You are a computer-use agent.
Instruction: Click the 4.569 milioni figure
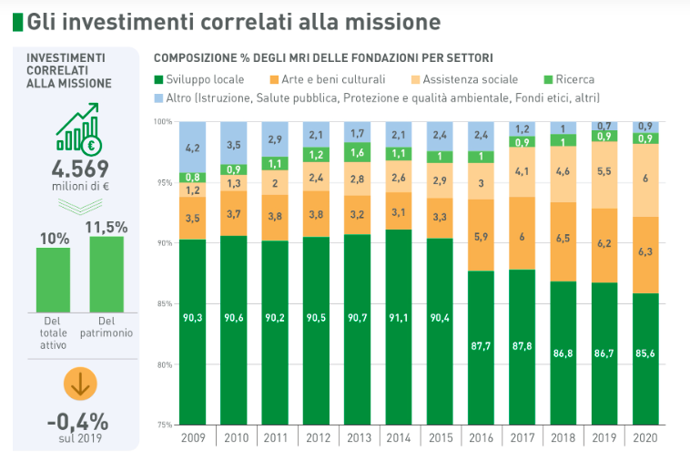pos(79,169)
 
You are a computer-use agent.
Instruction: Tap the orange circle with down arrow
pos(79,384)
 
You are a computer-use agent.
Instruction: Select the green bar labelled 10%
pos(54,280)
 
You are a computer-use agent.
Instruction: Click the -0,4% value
pos(78,421)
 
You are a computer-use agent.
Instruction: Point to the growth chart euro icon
pos(79,131)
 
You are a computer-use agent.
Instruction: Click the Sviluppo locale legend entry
pos(198,79)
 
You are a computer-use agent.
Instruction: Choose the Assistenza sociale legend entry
pos(470,79)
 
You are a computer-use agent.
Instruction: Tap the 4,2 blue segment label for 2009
pos(192,147)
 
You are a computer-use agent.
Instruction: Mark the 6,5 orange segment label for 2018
pos(563,237)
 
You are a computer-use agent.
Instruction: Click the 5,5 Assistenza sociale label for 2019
pos(604,170)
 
